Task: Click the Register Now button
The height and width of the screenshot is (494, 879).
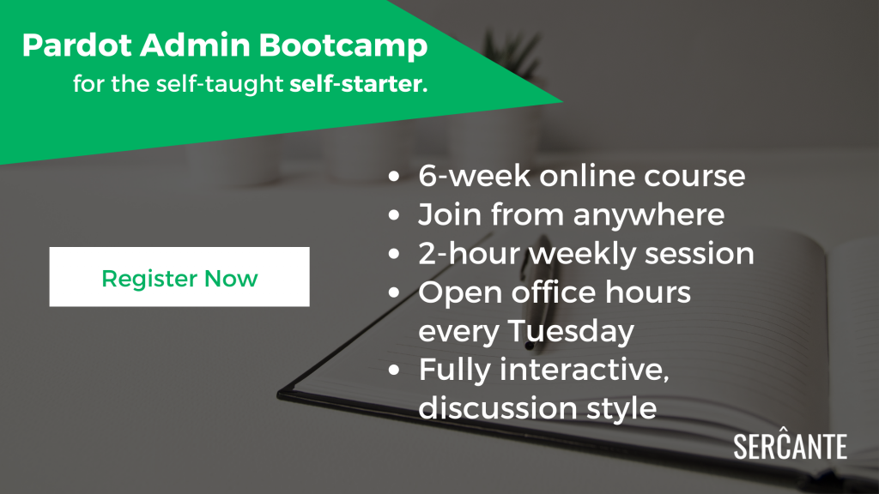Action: (x=179, y=277)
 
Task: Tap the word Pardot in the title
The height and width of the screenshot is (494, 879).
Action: (x=77, y=45)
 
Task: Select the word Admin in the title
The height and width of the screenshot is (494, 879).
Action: (x=195, y=45)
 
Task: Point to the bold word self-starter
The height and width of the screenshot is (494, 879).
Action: (x=359, y=84)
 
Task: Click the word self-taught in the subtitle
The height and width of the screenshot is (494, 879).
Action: (x=220, y=85)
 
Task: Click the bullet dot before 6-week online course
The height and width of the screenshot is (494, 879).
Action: (x=394, y=177)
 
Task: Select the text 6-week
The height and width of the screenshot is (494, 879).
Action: (x=474, y=176)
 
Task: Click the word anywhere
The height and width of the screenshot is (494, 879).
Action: (x=649, y=215)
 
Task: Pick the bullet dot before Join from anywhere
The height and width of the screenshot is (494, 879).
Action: (x=394, y=215)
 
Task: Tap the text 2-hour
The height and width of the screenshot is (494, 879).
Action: (x=470, y=254)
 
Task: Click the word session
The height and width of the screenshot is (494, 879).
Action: (x=699, y=254)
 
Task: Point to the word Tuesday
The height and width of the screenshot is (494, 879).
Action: (x=571, y=331)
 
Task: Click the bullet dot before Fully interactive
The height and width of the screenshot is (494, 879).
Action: (x=394, y=370)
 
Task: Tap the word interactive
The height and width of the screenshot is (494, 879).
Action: (x=584, y=370)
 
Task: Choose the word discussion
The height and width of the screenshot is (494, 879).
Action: (x=498, y=407)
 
